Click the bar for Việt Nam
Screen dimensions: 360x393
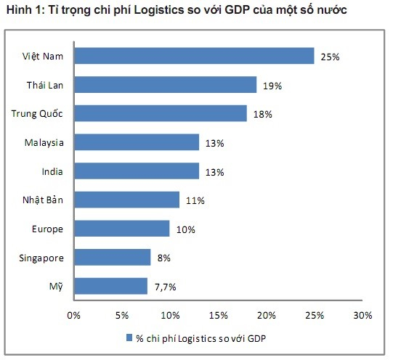click(x=193, y=56)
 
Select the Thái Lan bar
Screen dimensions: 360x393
click(x=165, y=85)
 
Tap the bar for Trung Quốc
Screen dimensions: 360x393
click(x=160, y=113)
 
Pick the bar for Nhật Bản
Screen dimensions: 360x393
click(x=126, y=200)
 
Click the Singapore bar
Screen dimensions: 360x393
click(x=112, y=257)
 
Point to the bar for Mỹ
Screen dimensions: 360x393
click(x=110, y=286)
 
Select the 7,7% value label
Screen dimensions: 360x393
click(x=163, y=287)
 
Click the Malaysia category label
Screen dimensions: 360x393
click(x=44, y=142)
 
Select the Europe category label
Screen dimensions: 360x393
click(x=48, y=229)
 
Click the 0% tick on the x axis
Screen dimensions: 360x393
click(x=73, y=315)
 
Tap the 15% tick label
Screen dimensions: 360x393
click(x=218, y=315)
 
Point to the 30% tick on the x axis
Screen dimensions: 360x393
click(x=362, y=315)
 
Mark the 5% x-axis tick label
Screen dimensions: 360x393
click(x=121, y=315)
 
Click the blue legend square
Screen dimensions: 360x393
click(x=130, y=338)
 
